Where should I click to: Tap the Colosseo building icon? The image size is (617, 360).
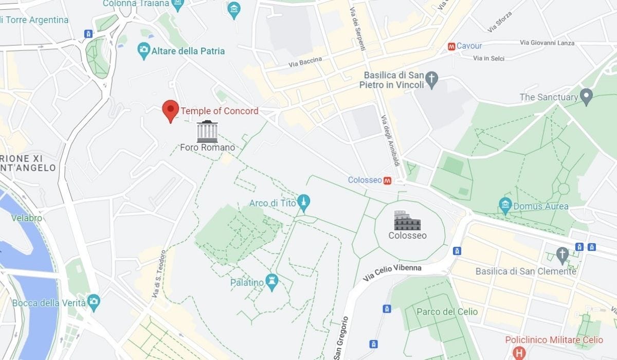click(407, 221)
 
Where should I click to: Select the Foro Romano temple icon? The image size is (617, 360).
click(207, 132)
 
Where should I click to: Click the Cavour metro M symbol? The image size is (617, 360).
click(451, 46)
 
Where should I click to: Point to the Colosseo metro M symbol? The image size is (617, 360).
click(387, 181)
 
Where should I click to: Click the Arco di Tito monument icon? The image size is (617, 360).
click(303, 203)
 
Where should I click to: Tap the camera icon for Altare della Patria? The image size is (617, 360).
click(144, 50)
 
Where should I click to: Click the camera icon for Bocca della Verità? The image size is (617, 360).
click(93, 302)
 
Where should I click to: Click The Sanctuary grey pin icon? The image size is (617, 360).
click(586, 96)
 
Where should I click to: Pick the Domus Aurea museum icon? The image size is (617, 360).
click(505, 206)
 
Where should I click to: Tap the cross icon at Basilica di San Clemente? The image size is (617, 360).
click(562, 254)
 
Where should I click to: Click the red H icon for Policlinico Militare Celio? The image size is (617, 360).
click(520, 353)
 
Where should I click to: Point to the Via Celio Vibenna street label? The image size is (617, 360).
click(392, 273)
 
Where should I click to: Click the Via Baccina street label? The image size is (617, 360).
click(305, 62)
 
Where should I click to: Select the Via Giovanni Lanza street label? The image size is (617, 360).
click(547, 43)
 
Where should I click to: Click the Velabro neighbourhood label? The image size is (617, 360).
click(27, 218)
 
